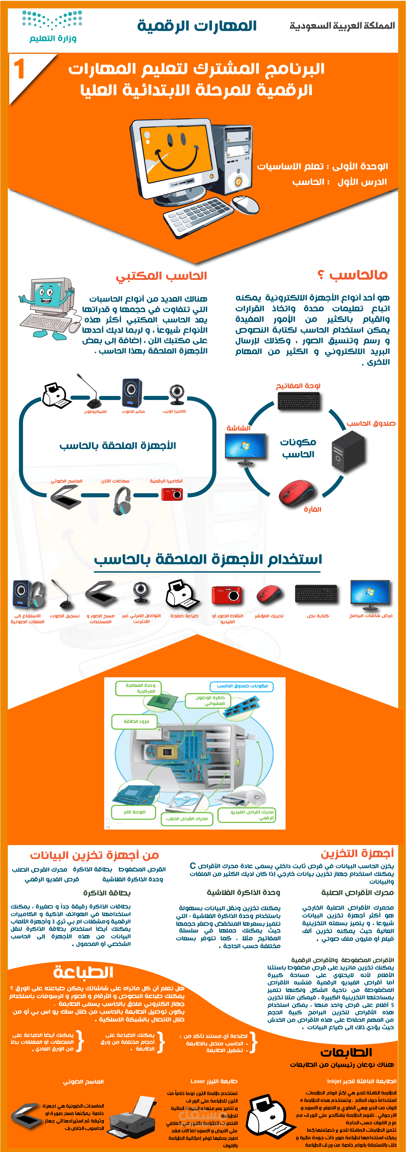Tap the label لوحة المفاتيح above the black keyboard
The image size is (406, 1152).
(x=298, y=386)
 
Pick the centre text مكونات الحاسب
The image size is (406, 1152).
(x=298, y=448)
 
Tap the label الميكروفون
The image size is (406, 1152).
(x=95, y=411)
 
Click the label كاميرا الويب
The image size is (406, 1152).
(x=174, y=411)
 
